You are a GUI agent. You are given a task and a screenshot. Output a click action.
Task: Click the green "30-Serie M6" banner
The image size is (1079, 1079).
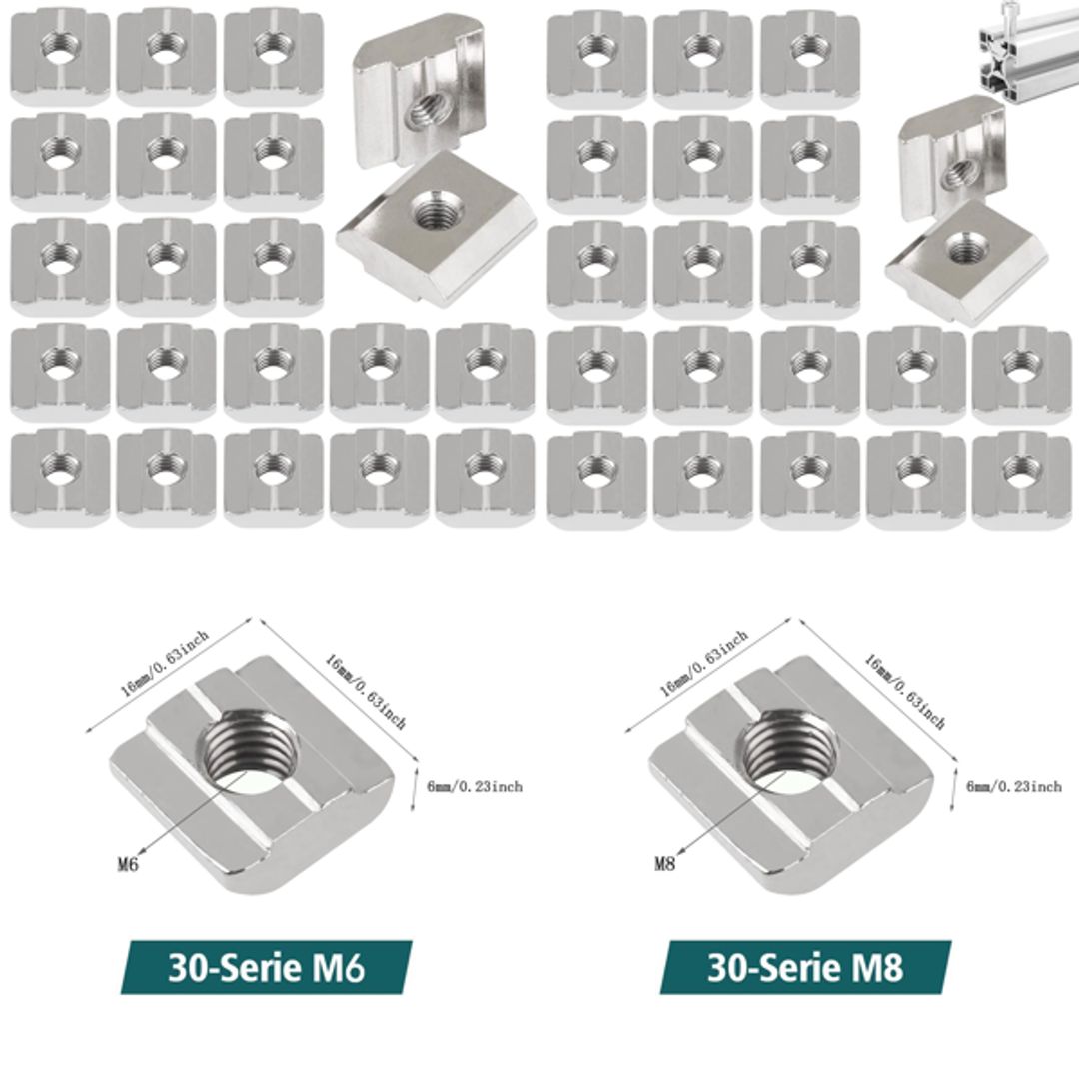pyautogui.click(x=267, y=966)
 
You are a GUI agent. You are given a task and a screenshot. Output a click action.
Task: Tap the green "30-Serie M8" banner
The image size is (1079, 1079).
pyautogui.click(x=806, y=966)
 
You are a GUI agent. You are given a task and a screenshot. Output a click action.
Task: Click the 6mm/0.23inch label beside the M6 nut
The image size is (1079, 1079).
pyautogui.click(x=474, y=787)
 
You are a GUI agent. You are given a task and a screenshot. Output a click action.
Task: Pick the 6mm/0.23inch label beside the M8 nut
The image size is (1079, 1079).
pyautogui.click(x=1013, y=787)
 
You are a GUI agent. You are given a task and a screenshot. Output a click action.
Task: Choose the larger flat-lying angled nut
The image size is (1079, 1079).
pyautogui.click(x=437, y=224)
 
